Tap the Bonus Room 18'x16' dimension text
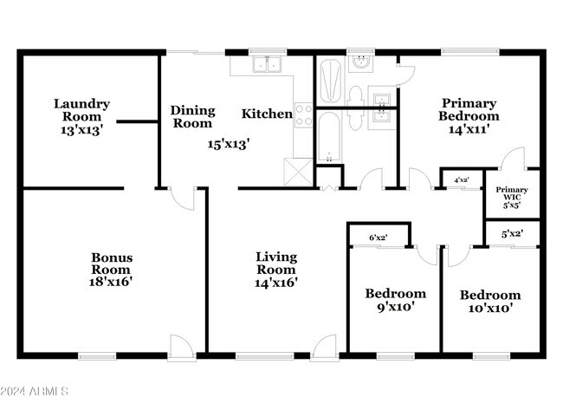[112, 281]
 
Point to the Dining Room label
[191, 116]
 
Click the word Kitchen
[266, 114]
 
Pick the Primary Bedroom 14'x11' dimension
[469, 129]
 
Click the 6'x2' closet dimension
[379, 237]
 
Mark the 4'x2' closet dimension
[462, 180]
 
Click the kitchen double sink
[267, 64]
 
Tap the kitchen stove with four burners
[303, 114]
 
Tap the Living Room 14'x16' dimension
[276, 282]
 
